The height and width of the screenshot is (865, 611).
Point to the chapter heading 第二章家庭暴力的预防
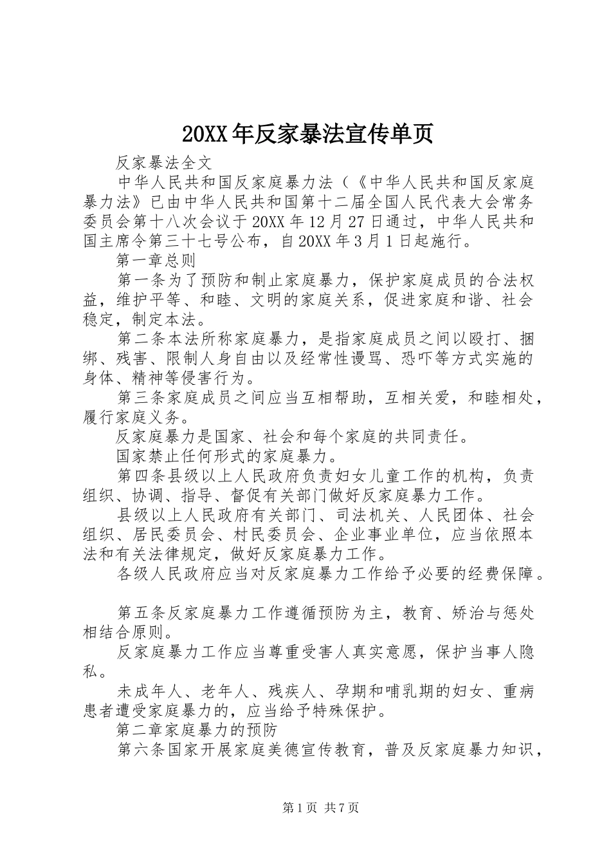tap(196, 730)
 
